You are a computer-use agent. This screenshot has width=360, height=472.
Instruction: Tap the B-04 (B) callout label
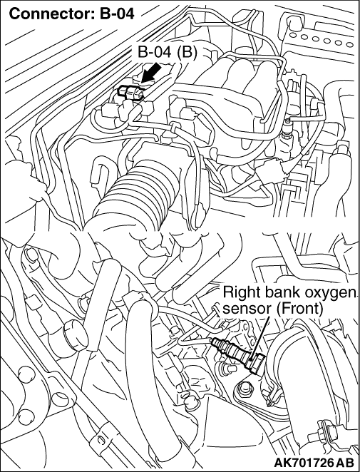(167, 53)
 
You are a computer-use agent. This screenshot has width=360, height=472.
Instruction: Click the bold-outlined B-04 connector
(131, 91)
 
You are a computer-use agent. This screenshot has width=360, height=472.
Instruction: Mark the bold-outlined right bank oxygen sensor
(238, 353)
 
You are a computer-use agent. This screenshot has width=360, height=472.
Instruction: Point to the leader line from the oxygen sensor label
(259, 339)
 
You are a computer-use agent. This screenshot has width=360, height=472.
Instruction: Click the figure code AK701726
(302, 463)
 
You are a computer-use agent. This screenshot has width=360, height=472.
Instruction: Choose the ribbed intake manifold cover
(238, 91)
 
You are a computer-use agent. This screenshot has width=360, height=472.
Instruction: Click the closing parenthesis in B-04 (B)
(194, 53)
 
